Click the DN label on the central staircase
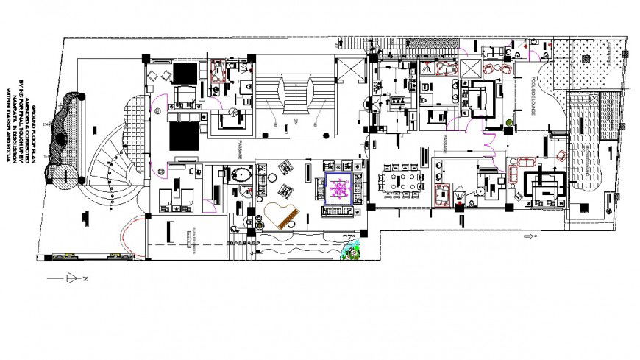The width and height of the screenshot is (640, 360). [295, 119]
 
